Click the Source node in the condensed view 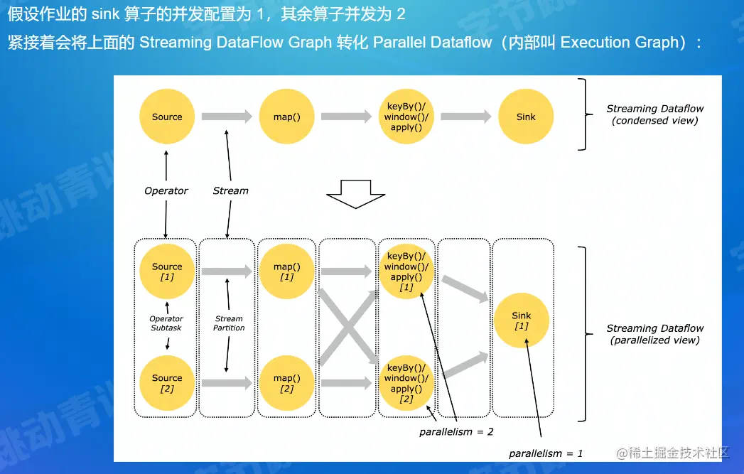(167, 117)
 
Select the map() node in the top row (286, 117)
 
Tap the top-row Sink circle (526, 117)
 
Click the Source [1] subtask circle (167, 271)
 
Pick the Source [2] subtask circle (167, 383)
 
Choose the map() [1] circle (286, 271)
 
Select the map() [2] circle (286, 383)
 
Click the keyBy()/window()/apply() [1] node (406, 271)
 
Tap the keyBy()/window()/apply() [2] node (406, 383)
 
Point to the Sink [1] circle (521, 321)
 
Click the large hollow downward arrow (355, 194)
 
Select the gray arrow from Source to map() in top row (227, 117)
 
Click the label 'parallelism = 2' (456, 432)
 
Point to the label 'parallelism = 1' (546, 453)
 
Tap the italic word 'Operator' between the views (166, 190)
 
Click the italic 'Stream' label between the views (231, 190)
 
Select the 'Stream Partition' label (229, 323)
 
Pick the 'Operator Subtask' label (166, 323)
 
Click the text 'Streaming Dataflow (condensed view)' (654, 114)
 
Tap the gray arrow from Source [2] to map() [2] (227, 383)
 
